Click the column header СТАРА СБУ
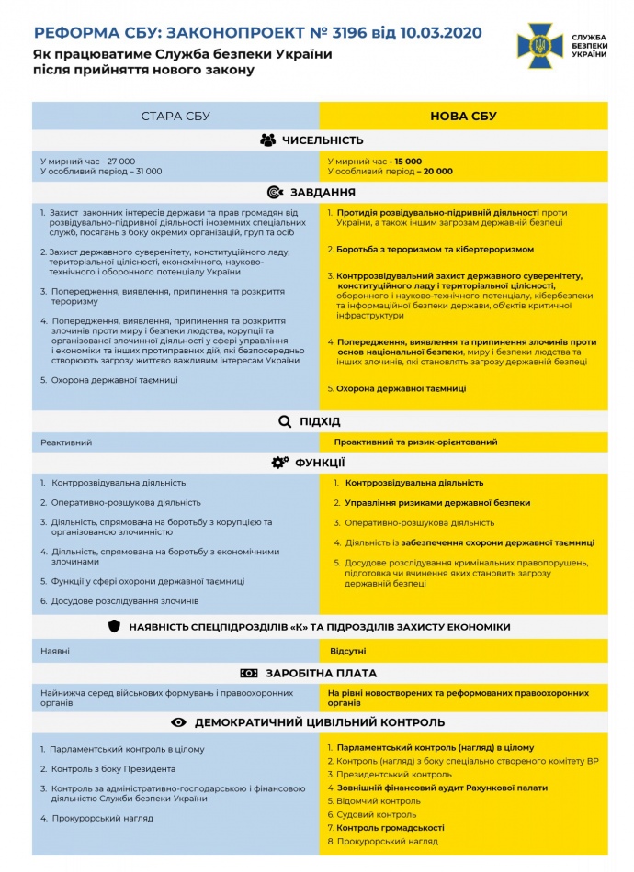click(175, 116)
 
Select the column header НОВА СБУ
click(463, 116)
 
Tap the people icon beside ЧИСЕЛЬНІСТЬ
click(267, 140)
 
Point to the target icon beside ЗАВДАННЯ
click(274, 193)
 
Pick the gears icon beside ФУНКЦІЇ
click(280, 463)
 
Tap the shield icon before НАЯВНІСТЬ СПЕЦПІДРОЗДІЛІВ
click(114, 627)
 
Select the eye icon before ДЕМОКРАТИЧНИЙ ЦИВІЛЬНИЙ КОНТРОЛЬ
click(178, 722)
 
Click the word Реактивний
click(66, 442)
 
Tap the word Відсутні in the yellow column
click(348, 651)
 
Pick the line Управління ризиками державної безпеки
click(437, 503)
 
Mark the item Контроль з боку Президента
click(112, 769)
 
